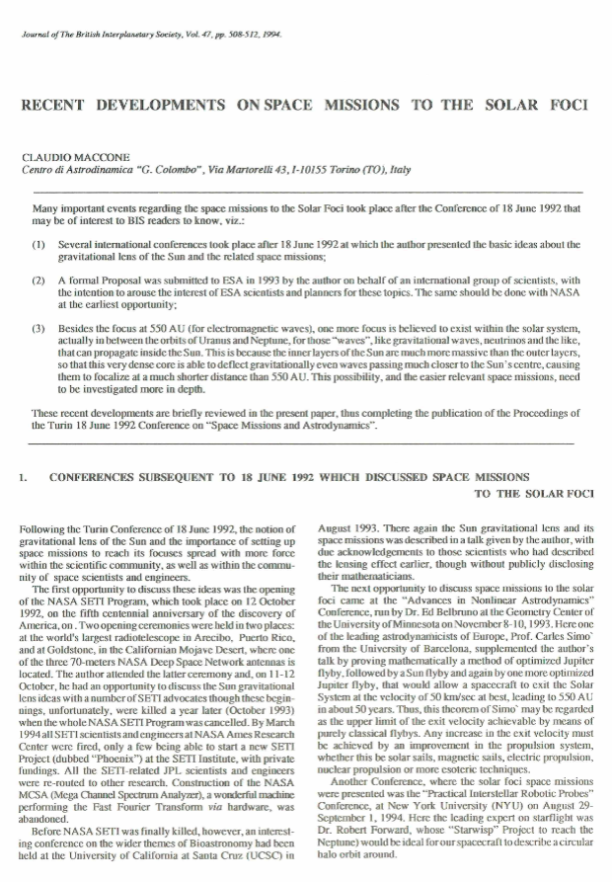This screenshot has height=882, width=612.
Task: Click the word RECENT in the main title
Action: tap(58, 106)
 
